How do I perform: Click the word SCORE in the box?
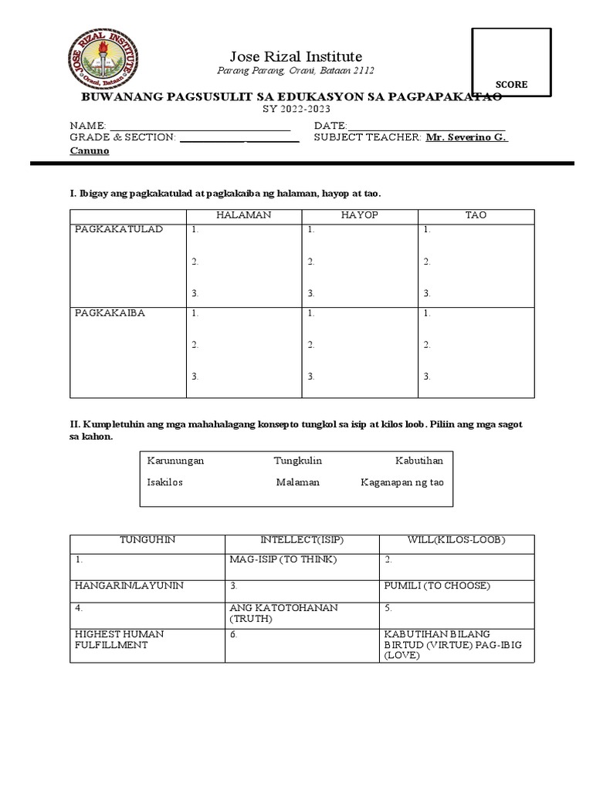511,85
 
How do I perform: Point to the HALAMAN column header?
243,215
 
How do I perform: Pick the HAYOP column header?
359,215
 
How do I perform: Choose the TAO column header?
476,215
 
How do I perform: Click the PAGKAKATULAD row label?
118,230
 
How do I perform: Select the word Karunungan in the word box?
175,461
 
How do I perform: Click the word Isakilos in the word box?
165,482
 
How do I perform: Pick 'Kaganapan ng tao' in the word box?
402,482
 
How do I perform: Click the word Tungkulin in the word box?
297,461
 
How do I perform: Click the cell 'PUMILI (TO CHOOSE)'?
436,586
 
